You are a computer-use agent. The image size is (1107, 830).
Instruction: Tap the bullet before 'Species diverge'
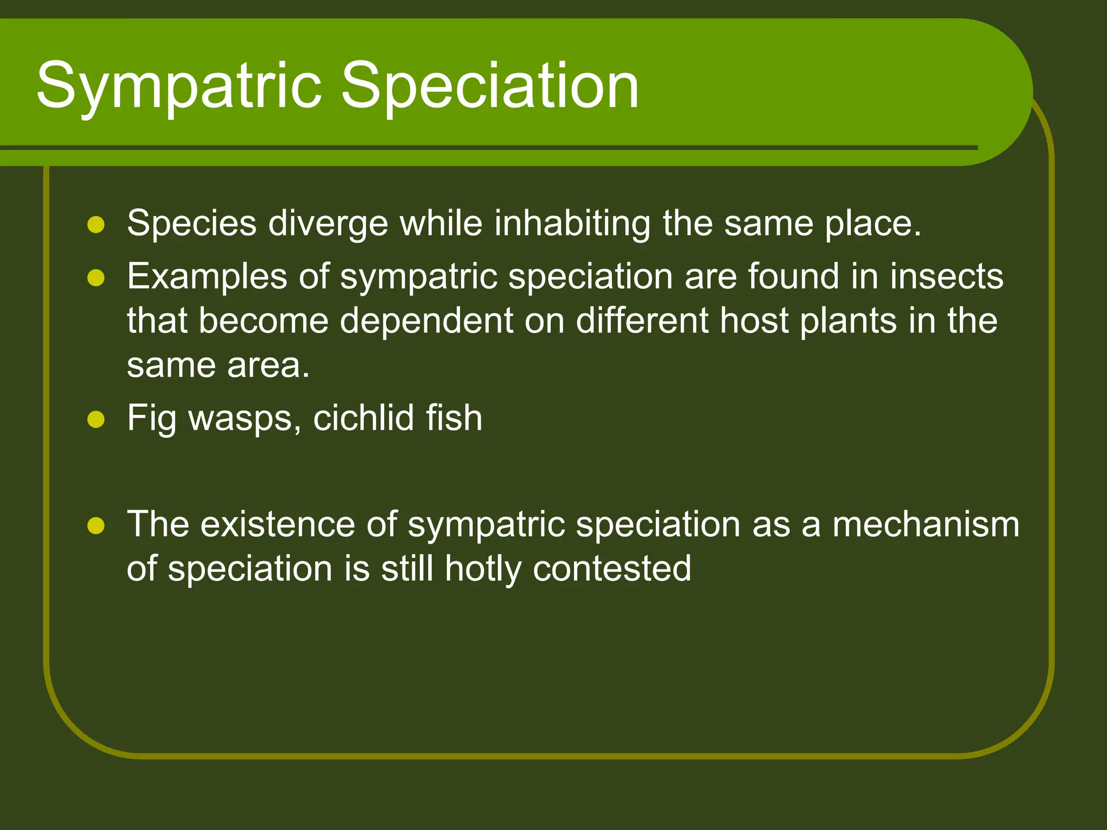[x=96, y=224]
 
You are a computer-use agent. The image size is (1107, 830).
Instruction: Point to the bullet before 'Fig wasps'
[x=96, y=419]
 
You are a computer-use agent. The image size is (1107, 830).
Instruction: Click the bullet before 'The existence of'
[x=96, y=525]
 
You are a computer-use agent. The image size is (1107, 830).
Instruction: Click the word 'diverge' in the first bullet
[x=328, y=224]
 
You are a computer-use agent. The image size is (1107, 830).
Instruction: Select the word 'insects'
[x=946, y=277]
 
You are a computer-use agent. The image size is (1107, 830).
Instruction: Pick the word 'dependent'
[x=426, y=322]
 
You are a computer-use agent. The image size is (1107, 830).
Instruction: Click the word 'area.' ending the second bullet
[x=268, y=366]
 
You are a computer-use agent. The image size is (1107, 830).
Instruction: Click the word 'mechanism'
[x=925, y=525]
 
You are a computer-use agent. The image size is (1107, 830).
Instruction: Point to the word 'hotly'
[x=483, y=570]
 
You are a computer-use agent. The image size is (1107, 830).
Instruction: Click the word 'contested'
[x=612, y=569]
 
